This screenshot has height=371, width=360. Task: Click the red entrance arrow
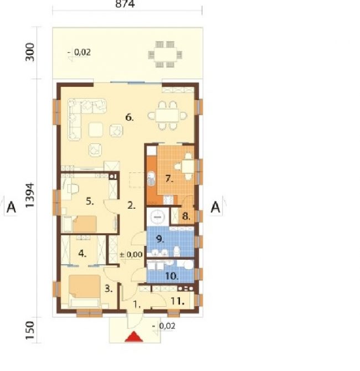134,337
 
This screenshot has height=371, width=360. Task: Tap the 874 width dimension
125,4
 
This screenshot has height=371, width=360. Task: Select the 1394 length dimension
30,195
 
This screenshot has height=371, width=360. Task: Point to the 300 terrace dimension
30,52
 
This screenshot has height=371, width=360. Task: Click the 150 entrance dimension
30,331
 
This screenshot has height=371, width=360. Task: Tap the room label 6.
129,117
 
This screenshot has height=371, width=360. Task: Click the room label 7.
169,179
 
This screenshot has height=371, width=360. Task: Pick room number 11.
178,301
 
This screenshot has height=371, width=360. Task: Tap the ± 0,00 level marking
131,255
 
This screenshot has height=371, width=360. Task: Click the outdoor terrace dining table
165,54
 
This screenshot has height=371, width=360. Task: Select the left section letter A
11,208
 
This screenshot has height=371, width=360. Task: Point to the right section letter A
215,207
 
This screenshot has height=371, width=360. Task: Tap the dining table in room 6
167,116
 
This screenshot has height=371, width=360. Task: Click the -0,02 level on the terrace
79,52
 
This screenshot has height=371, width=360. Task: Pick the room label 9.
160,239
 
